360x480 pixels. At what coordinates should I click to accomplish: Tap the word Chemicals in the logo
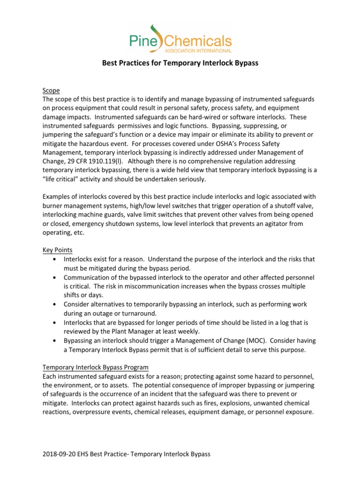(199, 38)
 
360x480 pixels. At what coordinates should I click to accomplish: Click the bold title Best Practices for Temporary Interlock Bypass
(180, 63)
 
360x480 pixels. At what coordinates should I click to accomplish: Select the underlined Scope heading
(51, 90)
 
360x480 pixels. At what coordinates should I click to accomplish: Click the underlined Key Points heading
(58, 250)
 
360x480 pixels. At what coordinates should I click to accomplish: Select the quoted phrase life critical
(64, 179)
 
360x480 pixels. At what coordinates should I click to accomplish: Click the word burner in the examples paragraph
(53, 206)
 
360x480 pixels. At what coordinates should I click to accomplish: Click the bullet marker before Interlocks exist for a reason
(57, 259)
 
